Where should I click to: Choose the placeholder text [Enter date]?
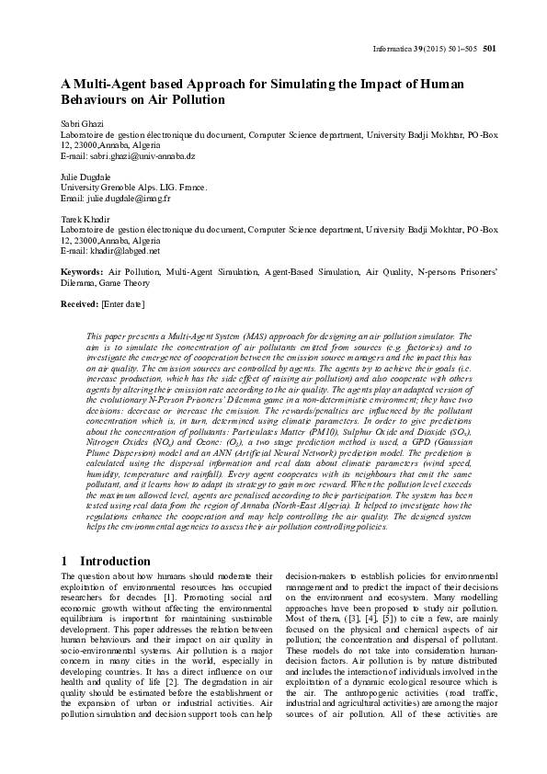tap(123, 303)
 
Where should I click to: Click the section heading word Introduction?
tap(115, 561)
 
